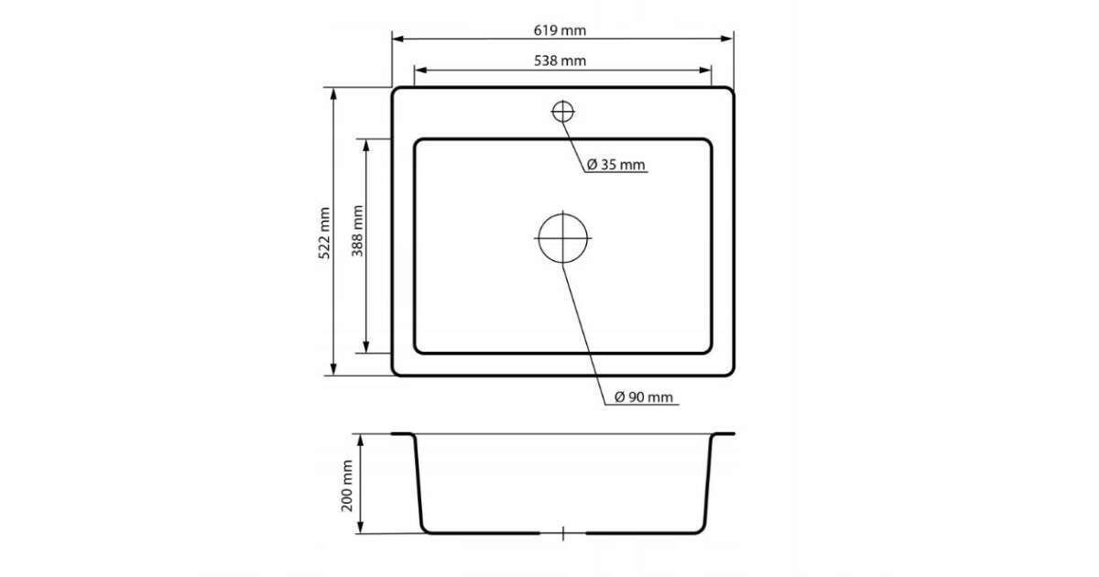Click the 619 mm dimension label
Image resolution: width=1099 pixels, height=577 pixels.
[560, 30]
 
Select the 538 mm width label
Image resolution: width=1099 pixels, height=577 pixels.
[560, 60]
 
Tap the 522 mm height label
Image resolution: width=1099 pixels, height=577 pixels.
[324, 233]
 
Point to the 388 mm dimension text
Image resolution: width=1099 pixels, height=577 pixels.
[357, 231]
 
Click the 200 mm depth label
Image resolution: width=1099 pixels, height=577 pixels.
[347, 485]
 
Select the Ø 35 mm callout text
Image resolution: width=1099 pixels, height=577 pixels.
[615, 165]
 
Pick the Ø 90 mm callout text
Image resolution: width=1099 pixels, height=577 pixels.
[644, 397]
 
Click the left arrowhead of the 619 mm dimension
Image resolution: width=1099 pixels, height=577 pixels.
[397, 38]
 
